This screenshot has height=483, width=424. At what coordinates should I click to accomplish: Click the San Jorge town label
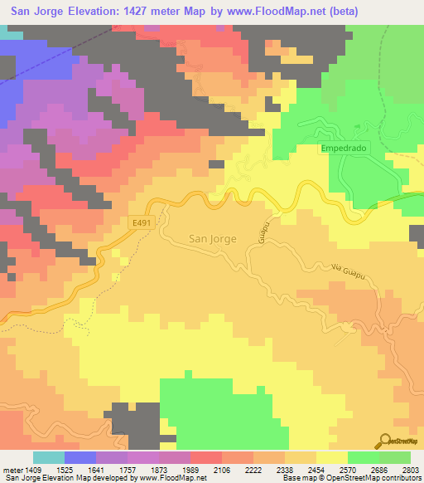[x=213, y=238]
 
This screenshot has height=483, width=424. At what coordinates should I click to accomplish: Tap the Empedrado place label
[x=344, y=149]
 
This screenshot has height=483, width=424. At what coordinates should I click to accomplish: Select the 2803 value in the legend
[x=411, y=469]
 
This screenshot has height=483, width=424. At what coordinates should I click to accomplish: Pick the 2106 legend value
[x=222, y=469]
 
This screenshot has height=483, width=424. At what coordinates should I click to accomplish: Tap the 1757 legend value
[x=128, y=469]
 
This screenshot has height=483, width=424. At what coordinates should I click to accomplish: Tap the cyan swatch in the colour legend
[x=49, y=457]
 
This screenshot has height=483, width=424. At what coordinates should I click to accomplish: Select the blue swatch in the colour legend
[x=80, y=457]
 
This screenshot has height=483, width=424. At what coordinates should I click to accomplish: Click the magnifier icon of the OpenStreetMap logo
[x=387, y=441]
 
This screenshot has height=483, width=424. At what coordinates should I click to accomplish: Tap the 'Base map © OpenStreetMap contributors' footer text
[x=350, y=478]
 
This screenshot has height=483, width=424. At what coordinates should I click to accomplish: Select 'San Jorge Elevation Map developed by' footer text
[x=56, y=478]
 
